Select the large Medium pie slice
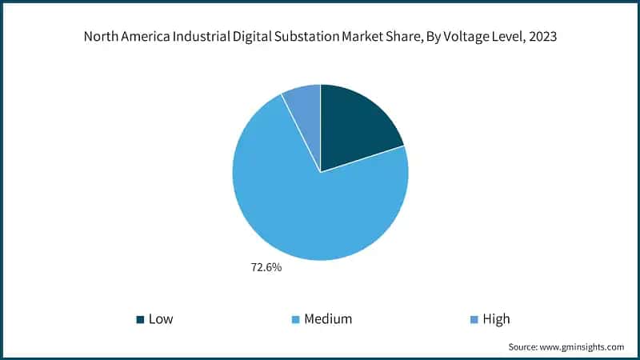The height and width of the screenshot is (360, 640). tap(312, 204)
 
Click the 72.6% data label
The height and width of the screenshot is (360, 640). tap(267, 267)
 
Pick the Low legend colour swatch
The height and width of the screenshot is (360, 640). tap(140, 319)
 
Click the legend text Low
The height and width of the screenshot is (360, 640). tap(160, 319)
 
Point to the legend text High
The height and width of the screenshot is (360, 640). tap(496, 319)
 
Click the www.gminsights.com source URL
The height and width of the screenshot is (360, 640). tap(583, 347)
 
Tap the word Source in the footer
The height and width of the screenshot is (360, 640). tap(524, 347)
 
